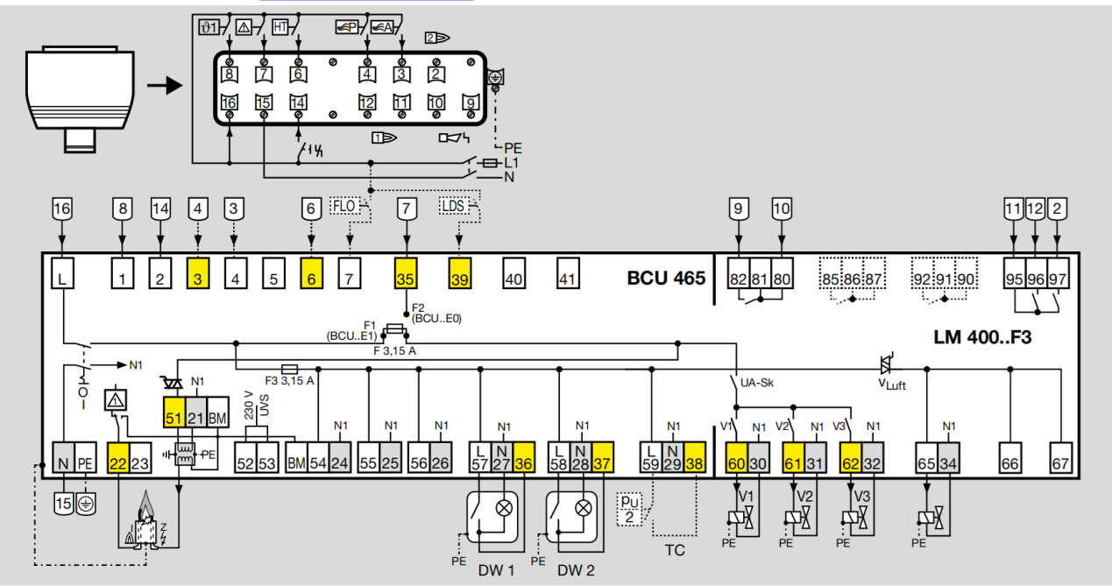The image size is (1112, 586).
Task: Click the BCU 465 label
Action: coord(666,279)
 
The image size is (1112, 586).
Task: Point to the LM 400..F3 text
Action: coord(983,336)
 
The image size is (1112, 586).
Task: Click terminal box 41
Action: coord(569,279)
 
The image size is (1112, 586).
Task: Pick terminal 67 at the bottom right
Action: coord(1061,462)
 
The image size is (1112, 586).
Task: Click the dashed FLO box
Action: coord(344,207)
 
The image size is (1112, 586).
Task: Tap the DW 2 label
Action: coord(576,569)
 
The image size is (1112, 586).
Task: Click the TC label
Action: coord(674,550)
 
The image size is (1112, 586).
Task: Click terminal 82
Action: coord(738,279)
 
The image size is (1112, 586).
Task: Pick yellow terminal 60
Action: coord(736,462)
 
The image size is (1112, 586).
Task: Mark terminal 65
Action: coord(927,462)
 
